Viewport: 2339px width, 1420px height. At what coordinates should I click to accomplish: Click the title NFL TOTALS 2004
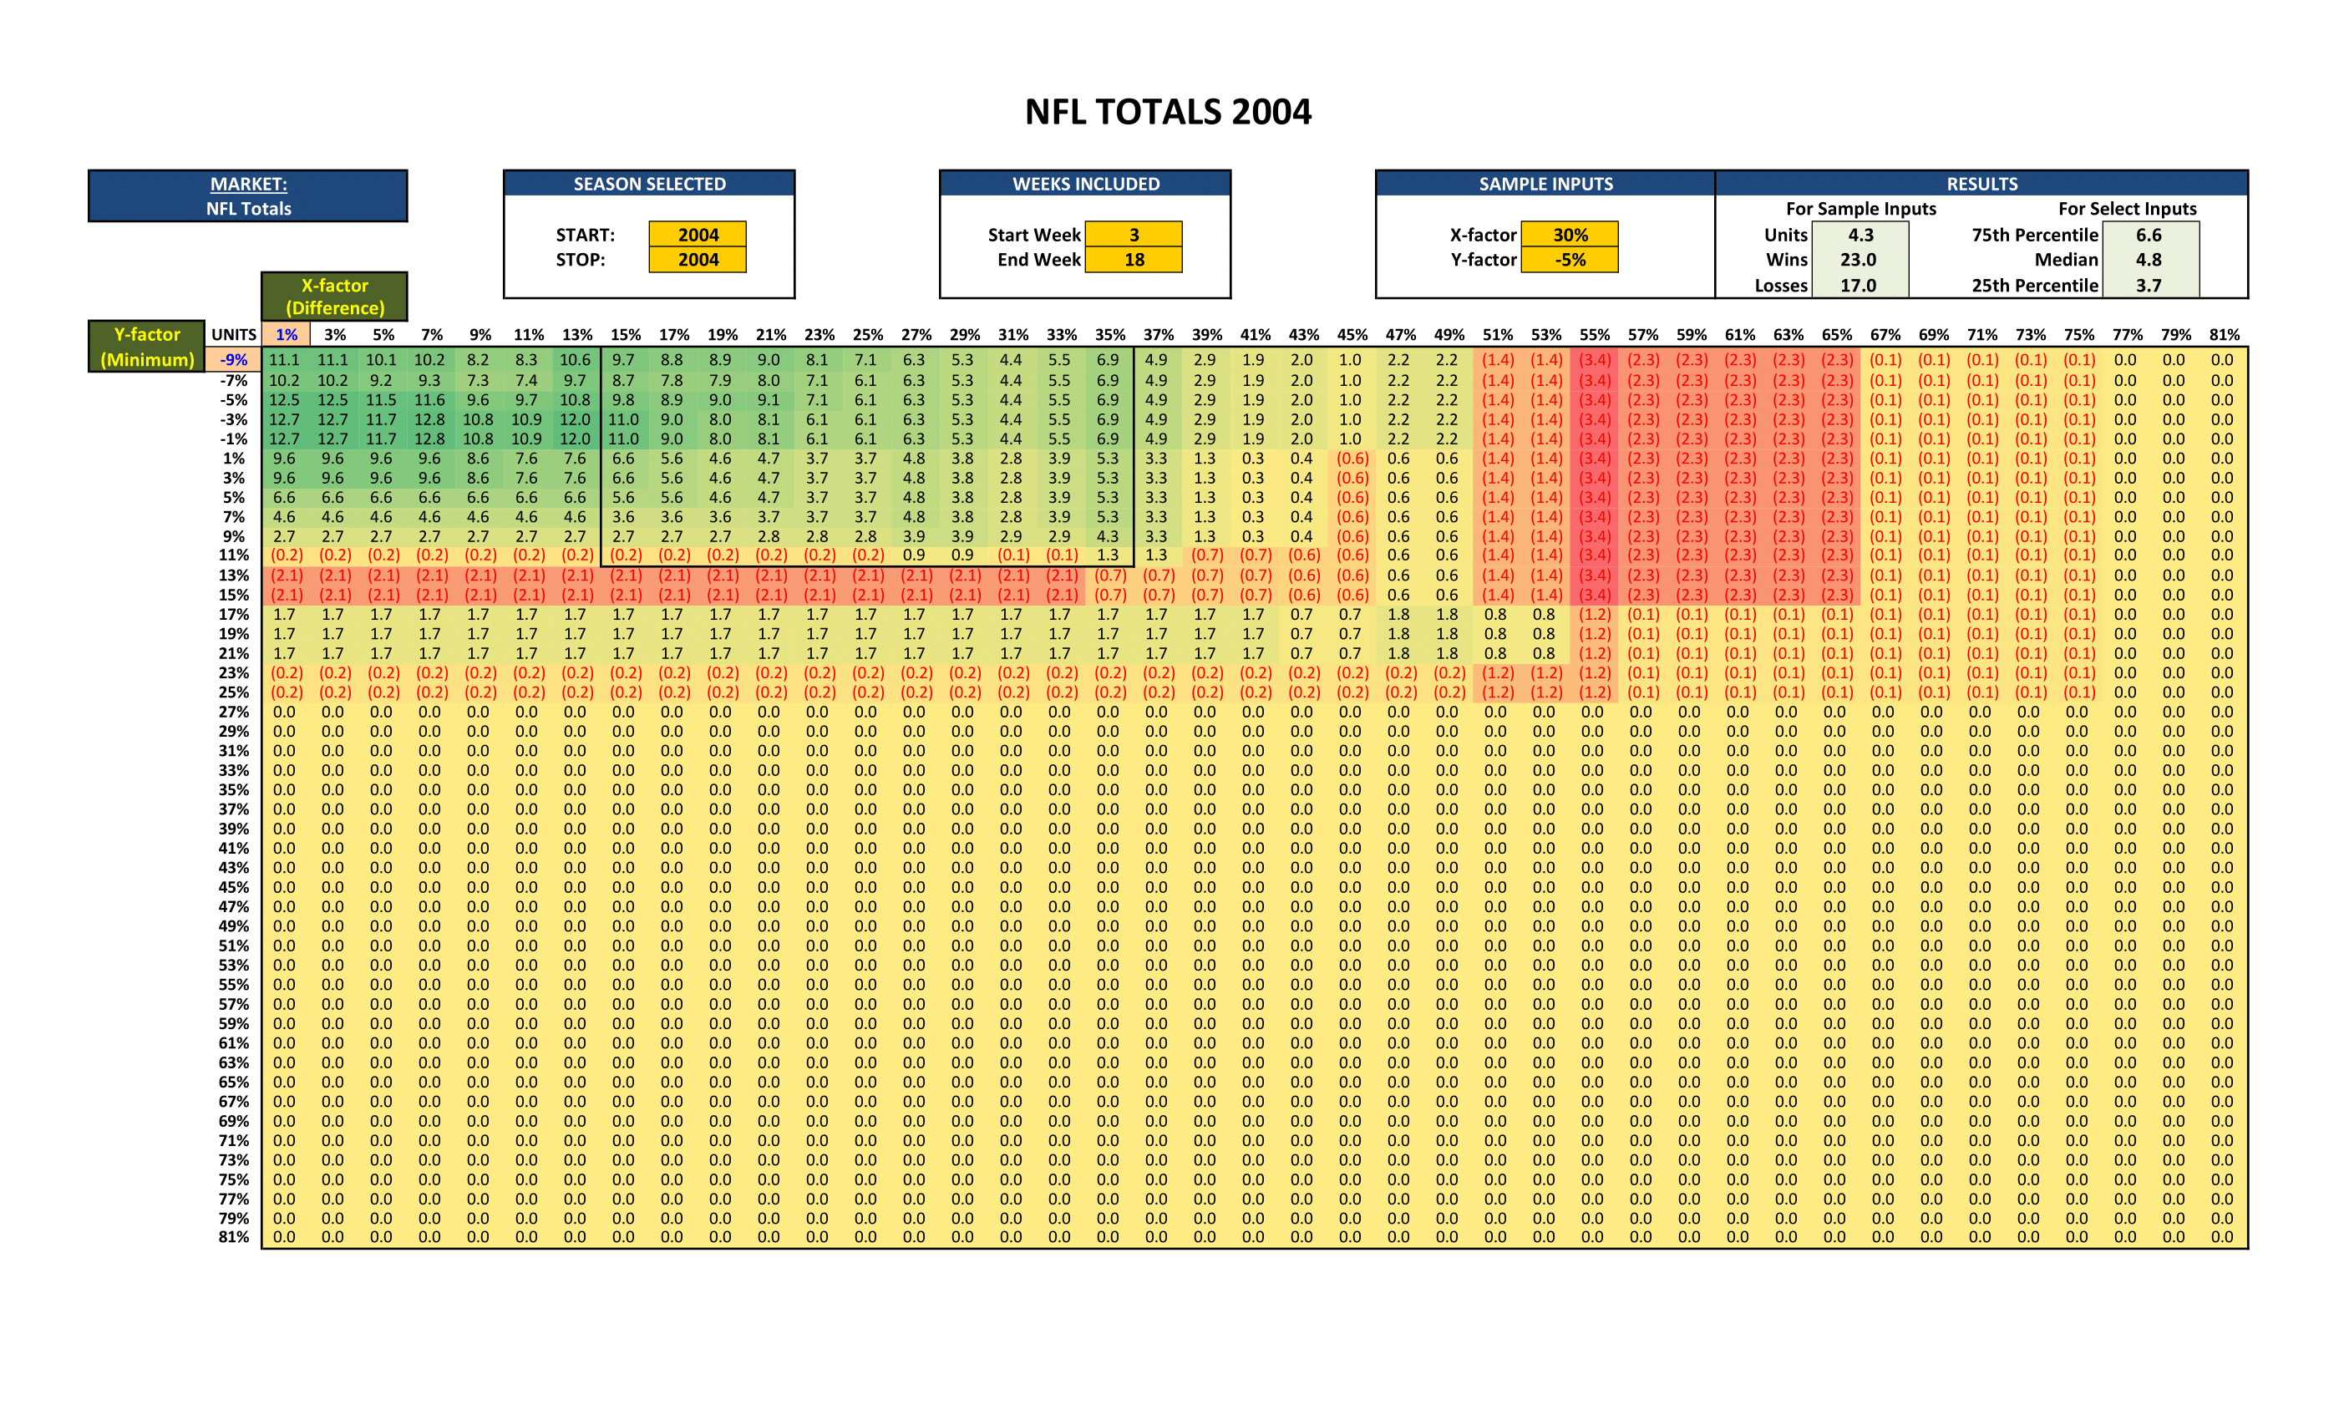(x=1168, y=112)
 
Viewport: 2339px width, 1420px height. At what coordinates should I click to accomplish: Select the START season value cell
(x=698, y=235)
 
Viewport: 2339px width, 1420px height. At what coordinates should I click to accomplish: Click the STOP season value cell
(x=698, y=260)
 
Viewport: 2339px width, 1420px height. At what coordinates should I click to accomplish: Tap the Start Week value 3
(x=1134, y=235)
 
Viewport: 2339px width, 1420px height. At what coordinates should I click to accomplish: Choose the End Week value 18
(x=1134, y=260)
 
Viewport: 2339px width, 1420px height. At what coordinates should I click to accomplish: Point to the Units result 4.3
(x=1860, y=235)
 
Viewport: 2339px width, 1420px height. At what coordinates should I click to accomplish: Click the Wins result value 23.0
(x=1858, y=260)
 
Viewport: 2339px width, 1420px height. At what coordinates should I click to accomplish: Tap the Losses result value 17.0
(x=1858, y=286)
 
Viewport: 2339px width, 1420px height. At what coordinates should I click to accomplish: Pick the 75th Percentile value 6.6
(x=2149, y=235)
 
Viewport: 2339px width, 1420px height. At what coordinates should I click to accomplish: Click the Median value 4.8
(x=2149, y=260)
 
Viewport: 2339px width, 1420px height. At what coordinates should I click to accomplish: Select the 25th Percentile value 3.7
(x=2149, y=286)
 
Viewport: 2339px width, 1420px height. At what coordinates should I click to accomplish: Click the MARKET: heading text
(x=249, y=184)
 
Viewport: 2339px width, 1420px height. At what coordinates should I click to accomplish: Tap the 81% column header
(x=2223, y=335)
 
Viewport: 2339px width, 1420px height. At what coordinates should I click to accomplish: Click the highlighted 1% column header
(x=286, y=335)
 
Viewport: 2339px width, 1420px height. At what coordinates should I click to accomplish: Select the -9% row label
(x=234, y=360)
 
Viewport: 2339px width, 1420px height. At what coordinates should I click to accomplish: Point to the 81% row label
(x=234, y=1237)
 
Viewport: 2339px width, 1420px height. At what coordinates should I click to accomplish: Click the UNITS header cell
(x=234, y=335)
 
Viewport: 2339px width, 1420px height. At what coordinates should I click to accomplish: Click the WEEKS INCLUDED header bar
(x=1085, y=184)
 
